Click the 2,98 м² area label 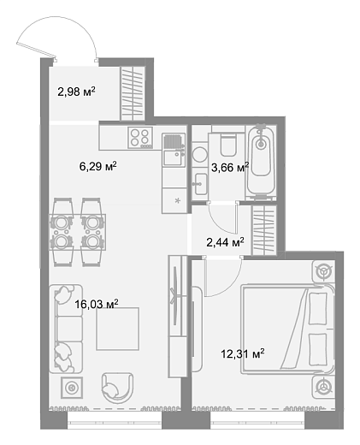(x=76, y=92)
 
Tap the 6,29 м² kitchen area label (x=98, y=166)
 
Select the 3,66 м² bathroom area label (x=230, y=167)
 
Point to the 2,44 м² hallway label (x=225, y=242)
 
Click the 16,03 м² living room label (x=97, y=304)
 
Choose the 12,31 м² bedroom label (x=243, y=354)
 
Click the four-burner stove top (x=140, y=138)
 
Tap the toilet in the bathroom (x=228, y=145)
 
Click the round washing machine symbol (x=199, y=155)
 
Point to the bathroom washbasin (x=200, y=184)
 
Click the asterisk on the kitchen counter (x=178, y=200)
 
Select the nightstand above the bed (x=324, y=270)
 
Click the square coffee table (x=118, y=329)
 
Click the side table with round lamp (x=72, y=388)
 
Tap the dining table (x=78, y=232)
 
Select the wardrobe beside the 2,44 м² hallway (x=264, y=230)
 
